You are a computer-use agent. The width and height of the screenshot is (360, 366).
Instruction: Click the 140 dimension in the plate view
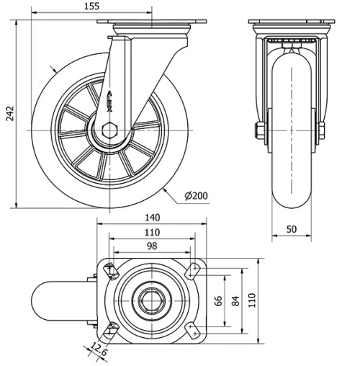coord(151,217)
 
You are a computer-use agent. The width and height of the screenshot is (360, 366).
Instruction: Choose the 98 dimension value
coord(151,246)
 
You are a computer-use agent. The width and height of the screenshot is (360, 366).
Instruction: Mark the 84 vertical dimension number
coord(235,299)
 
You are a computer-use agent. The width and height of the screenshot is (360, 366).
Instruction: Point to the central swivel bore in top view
coord(151,299)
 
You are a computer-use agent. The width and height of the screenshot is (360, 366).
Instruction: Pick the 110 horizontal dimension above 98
coord(151,232)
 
